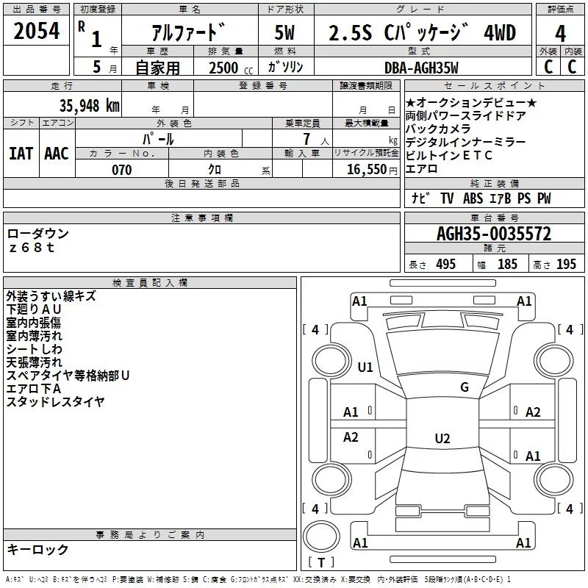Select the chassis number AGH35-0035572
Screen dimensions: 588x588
[494, 234]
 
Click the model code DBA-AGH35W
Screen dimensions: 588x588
[422, 68]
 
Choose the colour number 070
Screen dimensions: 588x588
[121, 170]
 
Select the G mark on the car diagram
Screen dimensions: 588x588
[464, 387]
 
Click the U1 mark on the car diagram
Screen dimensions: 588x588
[365, 367]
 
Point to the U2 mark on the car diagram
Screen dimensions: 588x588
[442, 439]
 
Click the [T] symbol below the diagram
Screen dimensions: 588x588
[321, 562]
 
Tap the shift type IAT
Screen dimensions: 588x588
[21, 153]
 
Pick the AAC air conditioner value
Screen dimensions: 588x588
[57, 153]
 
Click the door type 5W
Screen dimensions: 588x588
[284, 32]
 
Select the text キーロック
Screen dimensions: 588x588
[37, 549]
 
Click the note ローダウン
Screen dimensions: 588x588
[38, 234]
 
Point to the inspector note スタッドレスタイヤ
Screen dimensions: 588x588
[56, 401]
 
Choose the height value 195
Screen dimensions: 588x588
[566, 264]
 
